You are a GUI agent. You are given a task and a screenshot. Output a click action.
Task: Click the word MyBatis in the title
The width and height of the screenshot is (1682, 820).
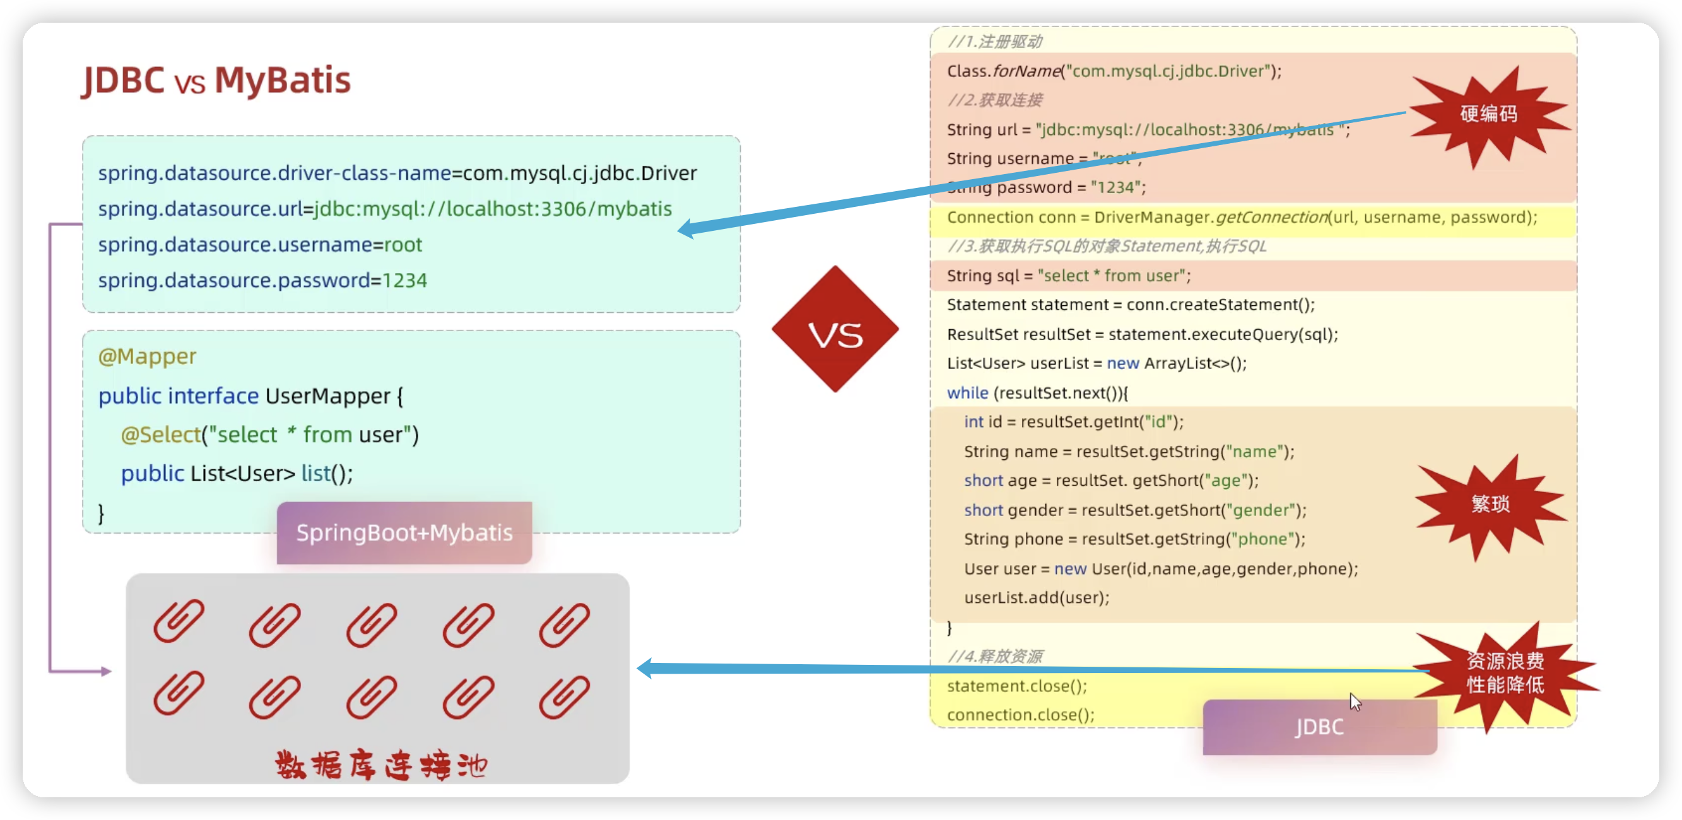pos(282,80)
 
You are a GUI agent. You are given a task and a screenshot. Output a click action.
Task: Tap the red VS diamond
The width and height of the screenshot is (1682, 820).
pos(835,330)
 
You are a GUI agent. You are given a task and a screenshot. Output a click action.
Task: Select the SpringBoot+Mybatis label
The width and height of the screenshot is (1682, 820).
pos(404,533)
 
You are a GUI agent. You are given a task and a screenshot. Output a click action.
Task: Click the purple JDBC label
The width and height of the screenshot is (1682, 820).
pos(1320,727)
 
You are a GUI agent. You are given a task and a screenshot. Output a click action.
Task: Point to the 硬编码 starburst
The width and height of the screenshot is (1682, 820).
pos(1489,114)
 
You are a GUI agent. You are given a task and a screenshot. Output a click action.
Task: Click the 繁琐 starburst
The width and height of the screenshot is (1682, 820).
pos(1490,504)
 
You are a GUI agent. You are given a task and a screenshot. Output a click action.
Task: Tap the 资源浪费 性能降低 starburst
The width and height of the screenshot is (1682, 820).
pos(1505,673)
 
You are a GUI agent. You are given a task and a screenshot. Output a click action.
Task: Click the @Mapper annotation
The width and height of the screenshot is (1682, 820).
pos(147,356)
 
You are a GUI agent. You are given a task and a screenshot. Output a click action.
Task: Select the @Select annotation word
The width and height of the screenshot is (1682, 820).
pos(161,435)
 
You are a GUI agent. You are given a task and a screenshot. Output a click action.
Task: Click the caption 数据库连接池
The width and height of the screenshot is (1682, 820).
pos(380,765)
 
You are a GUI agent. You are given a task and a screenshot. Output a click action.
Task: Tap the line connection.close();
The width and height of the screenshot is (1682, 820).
pos(1021,715)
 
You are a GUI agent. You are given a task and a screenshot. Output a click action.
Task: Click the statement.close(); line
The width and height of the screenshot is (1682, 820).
pos(1016,686)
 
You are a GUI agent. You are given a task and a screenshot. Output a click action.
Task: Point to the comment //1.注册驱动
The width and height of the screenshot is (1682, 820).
pos(994,42)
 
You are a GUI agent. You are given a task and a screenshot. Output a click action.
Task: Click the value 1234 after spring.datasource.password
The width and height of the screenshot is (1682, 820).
pos(405,281)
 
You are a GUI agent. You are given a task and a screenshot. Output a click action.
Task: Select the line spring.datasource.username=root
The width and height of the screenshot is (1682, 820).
pos(260,245)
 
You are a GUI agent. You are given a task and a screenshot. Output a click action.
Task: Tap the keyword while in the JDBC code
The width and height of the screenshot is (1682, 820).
pos(967,393)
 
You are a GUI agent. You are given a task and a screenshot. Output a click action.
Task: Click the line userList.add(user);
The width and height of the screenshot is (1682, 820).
pos(1036,597)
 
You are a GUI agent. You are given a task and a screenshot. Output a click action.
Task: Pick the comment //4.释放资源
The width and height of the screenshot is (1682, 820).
pos(994,656)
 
